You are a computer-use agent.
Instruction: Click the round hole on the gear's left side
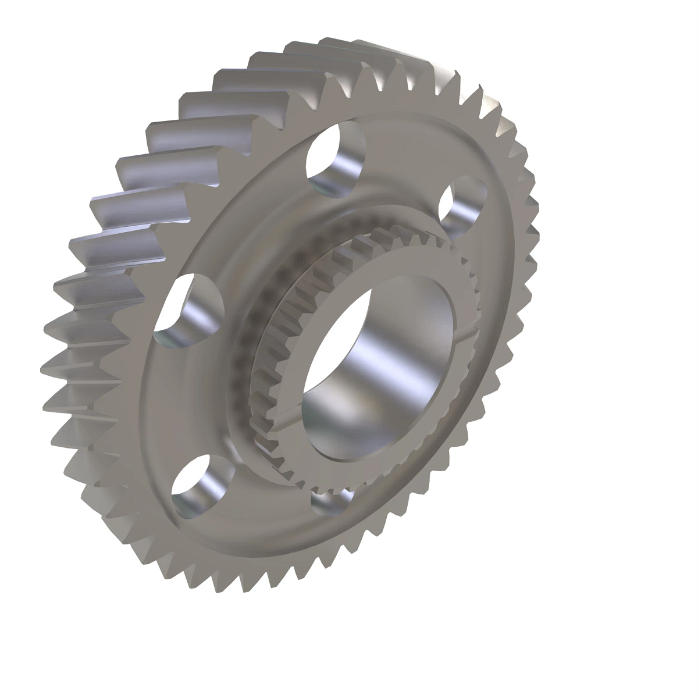189,311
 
